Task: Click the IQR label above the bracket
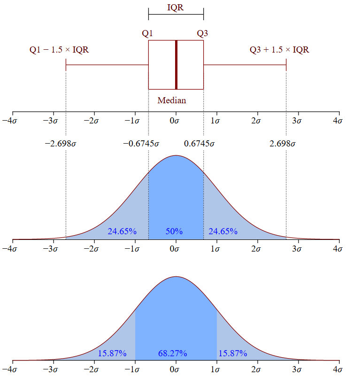(176, 8)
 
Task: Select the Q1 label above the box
(147, 33)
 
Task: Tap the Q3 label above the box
(202, 33)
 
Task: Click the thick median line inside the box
(176, 65)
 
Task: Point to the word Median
(172, 100)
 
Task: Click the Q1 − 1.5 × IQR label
(59, 50)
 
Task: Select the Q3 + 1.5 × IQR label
(279, 50)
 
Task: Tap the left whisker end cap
(66, 65)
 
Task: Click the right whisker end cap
(286, 65)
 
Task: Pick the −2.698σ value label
(61, 144)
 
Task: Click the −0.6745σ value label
(141, 144)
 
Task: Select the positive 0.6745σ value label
(199, 144)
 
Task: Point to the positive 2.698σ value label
(283, 144)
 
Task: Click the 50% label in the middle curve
(174, 231)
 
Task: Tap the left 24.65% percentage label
(122, 231)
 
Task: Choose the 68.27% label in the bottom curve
(172, 353)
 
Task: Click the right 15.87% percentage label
(232, 353)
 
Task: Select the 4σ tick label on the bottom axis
(337, 369)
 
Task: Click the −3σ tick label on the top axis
(50, 121)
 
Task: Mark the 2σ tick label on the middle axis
(256, 249)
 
